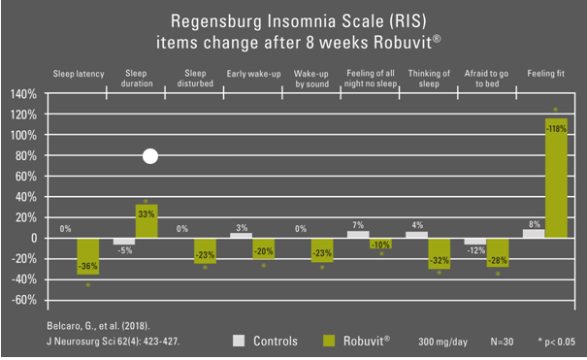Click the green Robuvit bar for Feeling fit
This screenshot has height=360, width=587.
(x=556, y=179)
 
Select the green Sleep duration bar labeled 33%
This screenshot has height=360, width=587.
(x=147, y=221)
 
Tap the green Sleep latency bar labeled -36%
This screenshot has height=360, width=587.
(x=88, y=256)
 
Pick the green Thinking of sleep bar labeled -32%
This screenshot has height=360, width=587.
(x=440, y=253)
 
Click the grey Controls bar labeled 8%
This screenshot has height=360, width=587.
(x=534, y=234)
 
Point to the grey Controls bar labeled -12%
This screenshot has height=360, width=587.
(x=475, y=242)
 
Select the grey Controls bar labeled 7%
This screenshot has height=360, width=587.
(x=358, y=234)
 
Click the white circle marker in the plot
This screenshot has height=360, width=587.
(x=150, y=156)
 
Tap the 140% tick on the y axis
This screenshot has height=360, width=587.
(x=23, y=94)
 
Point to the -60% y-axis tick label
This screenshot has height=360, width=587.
(x=24, y=300)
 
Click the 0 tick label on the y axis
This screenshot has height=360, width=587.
(x=34, y=238)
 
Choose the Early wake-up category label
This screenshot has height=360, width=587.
(x=253, y=74)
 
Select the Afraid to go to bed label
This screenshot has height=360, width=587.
(x=487, y=79)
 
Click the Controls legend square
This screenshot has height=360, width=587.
(x=239, y=341)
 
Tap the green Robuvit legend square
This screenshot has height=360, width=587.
(x=329, y=341)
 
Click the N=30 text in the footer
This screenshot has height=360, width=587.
(x=502, y=342)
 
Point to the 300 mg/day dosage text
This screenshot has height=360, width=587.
(x=442, y=342)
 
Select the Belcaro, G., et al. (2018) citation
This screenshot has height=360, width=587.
(x=98, y=326)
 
